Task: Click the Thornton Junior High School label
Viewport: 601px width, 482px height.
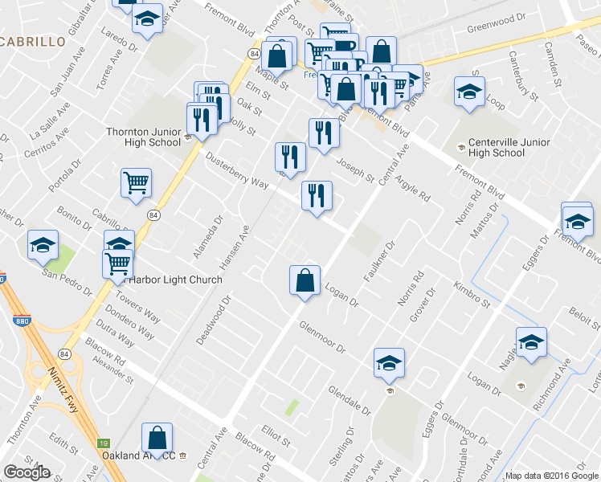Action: [x=143, y=137]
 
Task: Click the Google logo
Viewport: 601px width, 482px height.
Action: [x=27, y=472]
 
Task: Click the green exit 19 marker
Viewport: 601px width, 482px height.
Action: [x=103, y=443]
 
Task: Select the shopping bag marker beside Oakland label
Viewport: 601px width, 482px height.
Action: [x=157, y=439]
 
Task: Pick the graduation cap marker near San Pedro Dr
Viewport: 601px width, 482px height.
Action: [x=43, y=246]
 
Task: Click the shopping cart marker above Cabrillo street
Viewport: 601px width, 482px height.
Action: [x=136, y=183]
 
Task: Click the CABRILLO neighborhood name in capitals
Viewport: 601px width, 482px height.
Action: [x=31, y=41]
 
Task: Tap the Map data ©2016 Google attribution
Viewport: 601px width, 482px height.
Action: [x=551, y=476]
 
